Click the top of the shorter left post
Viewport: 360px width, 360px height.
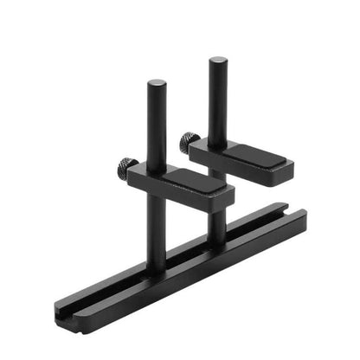[x=157, y=84]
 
